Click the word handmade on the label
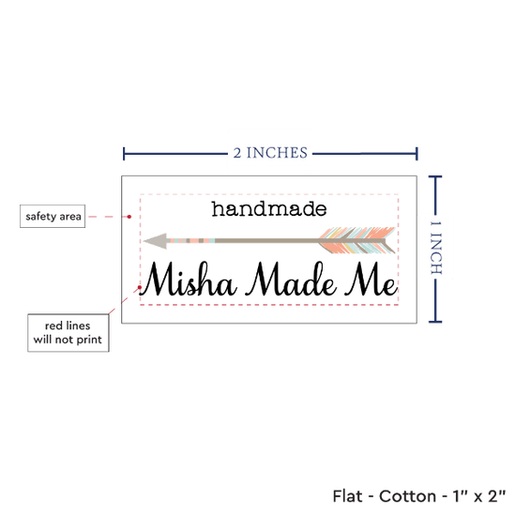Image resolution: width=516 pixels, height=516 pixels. coord(269,209)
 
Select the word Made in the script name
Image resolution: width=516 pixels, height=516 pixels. coord(291,280)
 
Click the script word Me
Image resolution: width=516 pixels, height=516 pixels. coord(372,280)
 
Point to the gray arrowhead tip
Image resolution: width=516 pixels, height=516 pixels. coord(144,241)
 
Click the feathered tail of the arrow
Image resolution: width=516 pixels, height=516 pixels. coord(357,240)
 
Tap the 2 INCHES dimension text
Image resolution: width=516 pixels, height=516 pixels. coord(270,153)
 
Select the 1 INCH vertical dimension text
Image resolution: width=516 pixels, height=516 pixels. coord(435,248)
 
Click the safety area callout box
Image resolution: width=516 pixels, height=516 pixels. coord(53,216)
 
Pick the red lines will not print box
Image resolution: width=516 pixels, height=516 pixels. coord(68,333)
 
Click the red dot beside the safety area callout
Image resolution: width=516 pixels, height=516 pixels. coord(129,217)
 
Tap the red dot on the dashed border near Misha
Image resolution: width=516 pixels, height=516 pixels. coord(140,287)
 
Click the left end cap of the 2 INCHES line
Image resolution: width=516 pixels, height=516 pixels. coord(124,154)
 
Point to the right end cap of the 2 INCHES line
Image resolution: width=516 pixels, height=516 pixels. coord(417,154)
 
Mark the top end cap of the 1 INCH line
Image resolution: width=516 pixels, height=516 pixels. coord(435,177)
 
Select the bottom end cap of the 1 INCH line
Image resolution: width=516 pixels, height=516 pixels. coord(435,322)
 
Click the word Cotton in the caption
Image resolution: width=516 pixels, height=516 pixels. coord(407,496)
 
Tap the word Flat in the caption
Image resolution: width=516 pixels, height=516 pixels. coord(347,496)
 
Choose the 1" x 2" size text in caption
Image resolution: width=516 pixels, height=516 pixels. coord(479,496)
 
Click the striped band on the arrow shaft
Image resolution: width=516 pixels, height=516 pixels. coord(192,240)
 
